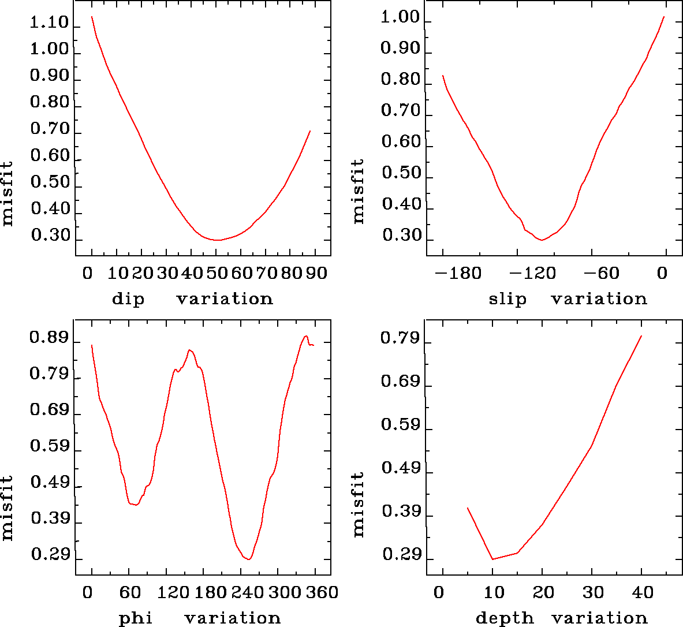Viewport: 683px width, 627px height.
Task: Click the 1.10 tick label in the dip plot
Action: [x=49, y=24]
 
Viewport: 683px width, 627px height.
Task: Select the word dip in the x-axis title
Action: [x=128, y=299]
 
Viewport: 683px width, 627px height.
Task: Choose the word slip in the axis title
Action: [x=507, y=299]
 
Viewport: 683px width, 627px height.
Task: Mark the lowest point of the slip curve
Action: [x=542, y=240]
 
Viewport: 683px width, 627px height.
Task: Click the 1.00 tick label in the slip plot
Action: [x=400, y=18]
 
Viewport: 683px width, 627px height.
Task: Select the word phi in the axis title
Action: [x=136, y=619]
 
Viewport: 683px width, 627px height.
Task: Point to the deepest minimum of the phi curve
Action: [x=248, y=559]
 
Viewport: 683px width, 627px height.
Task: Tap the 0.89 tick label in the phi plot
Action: [x=49, y=338]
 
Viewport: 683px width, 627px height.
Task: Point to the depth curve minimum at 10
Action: [x=492, y=559]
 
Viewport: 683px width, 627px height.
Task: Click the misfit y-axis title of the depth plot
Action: [x=359, y=504]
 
